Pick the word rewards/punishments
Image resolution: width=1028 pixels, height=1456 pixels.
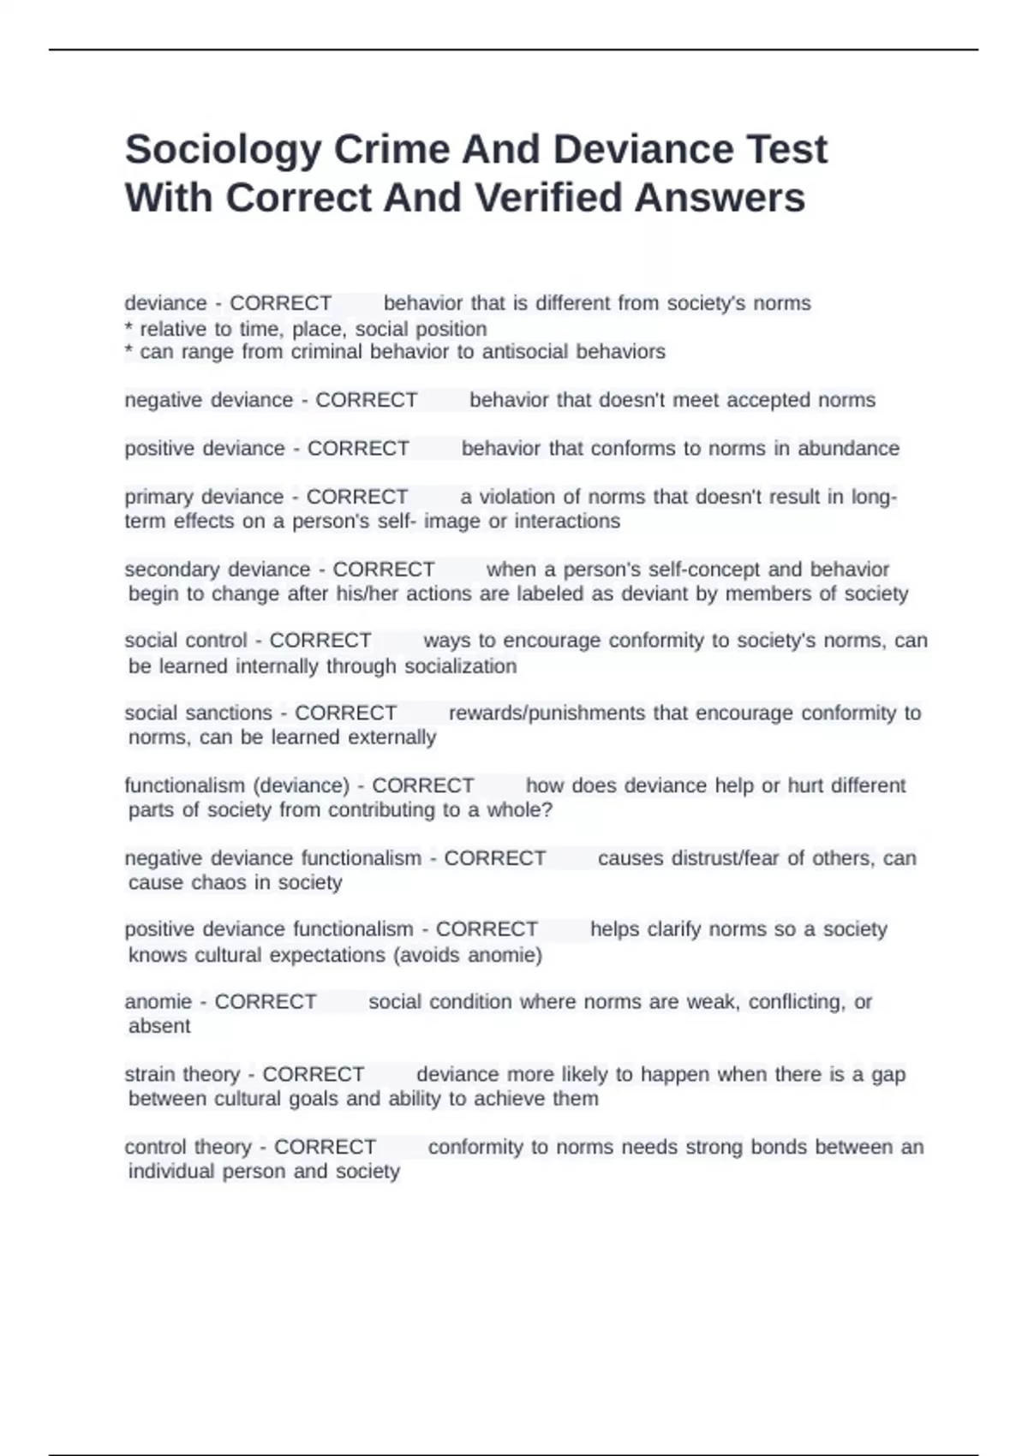(x=547, y=713)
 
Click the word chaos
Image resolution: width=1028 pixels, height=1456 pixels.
(x=242, y=883)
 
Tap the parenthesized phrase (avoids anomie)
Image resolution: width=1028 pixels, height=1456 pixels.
(x=467, y=956)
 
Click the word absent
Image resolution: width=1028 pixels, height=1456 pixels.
(x=159, y=1027)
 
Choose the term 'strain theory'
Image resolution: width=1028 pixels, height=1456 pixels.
(x=182, y=1075)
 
